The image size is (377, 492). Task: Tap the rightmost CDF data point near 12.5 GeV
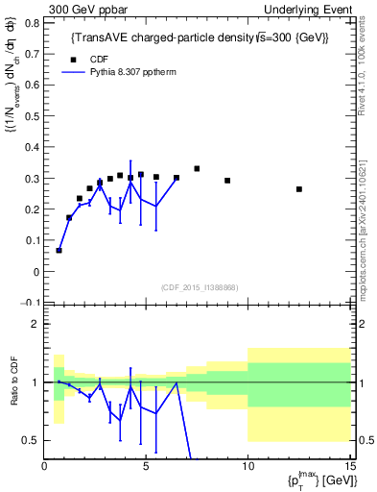click(x=299, y=189)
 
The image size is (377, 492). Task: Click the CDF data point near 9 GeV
click(x=227, y=181)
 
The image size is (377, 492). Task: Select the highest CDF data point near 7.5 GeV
click(x=197, y=169)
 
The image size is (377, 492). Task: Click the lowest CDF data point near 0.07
click(x=59, y=250)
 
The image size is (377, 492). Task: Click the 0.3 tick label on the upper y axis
click(x=35, y=180)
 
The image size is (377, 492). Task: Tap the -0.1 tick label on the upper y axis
click(x=32, y=302)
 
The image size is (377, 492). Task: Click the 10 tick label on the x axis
click(x=247, y=468)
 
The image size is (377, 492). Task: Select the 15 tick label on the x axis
click(x=348, y=468)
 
